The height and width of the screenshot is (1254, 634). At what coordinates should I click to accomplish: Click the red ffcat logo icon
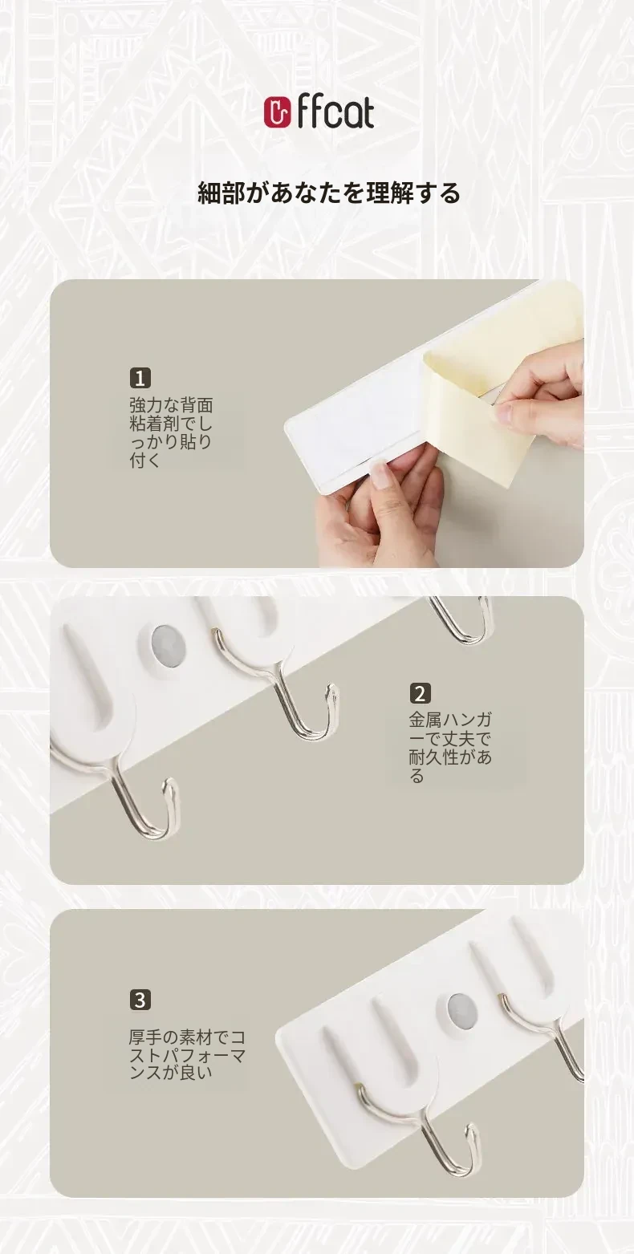coord(278,113)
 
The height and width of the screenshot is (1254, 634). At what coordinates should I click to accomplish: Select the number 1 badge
coord(140,378)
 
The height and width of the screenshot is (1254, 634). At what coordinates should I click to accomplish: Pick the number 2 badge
coord(420,693)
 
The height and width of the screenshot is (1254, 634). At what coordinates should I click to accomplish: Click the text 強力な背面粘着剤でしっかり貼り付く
coord(171,432)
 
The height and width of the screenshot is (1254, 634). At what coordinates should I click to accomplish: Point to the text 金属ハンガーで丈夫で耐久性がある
coord(450,748)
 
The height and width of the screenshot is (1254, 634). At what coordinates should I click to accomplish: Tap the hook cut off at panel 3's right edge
coord(549,1030)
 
